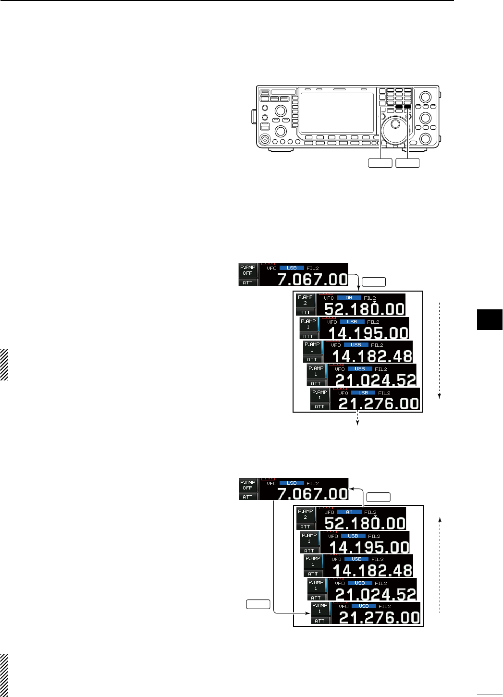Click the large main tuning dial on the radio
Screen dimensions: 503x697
point(395,124)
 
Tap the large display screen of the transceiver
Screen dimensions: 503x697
point(336,112)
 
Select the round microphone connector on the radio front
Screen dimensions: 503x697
point(264,139)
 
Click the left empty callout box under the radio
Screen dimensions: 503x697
point(380,163)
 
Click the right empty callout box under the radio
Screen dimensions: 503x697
point(407,163)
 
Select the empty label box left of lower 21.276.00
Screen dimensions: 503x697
point(258,604)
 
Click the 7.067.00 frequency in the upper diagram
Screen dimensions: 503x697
point(312,279)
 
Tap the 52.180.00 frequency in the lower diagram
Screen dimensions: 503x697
point(365,523)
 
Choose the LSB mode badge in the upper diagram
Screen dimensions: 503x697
point(292,268)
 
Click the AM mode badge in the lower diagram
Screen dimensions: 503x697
point(349,512)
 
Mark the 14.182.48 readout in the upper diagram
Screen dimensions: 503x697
point(372,356)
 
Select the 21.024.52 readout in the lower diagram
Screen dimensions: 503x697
point(376,594)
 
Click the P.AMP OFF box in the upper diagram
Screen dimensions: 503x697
point(247,270)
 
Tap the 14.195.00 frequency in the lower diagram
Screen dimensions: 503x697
point(369,547)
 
